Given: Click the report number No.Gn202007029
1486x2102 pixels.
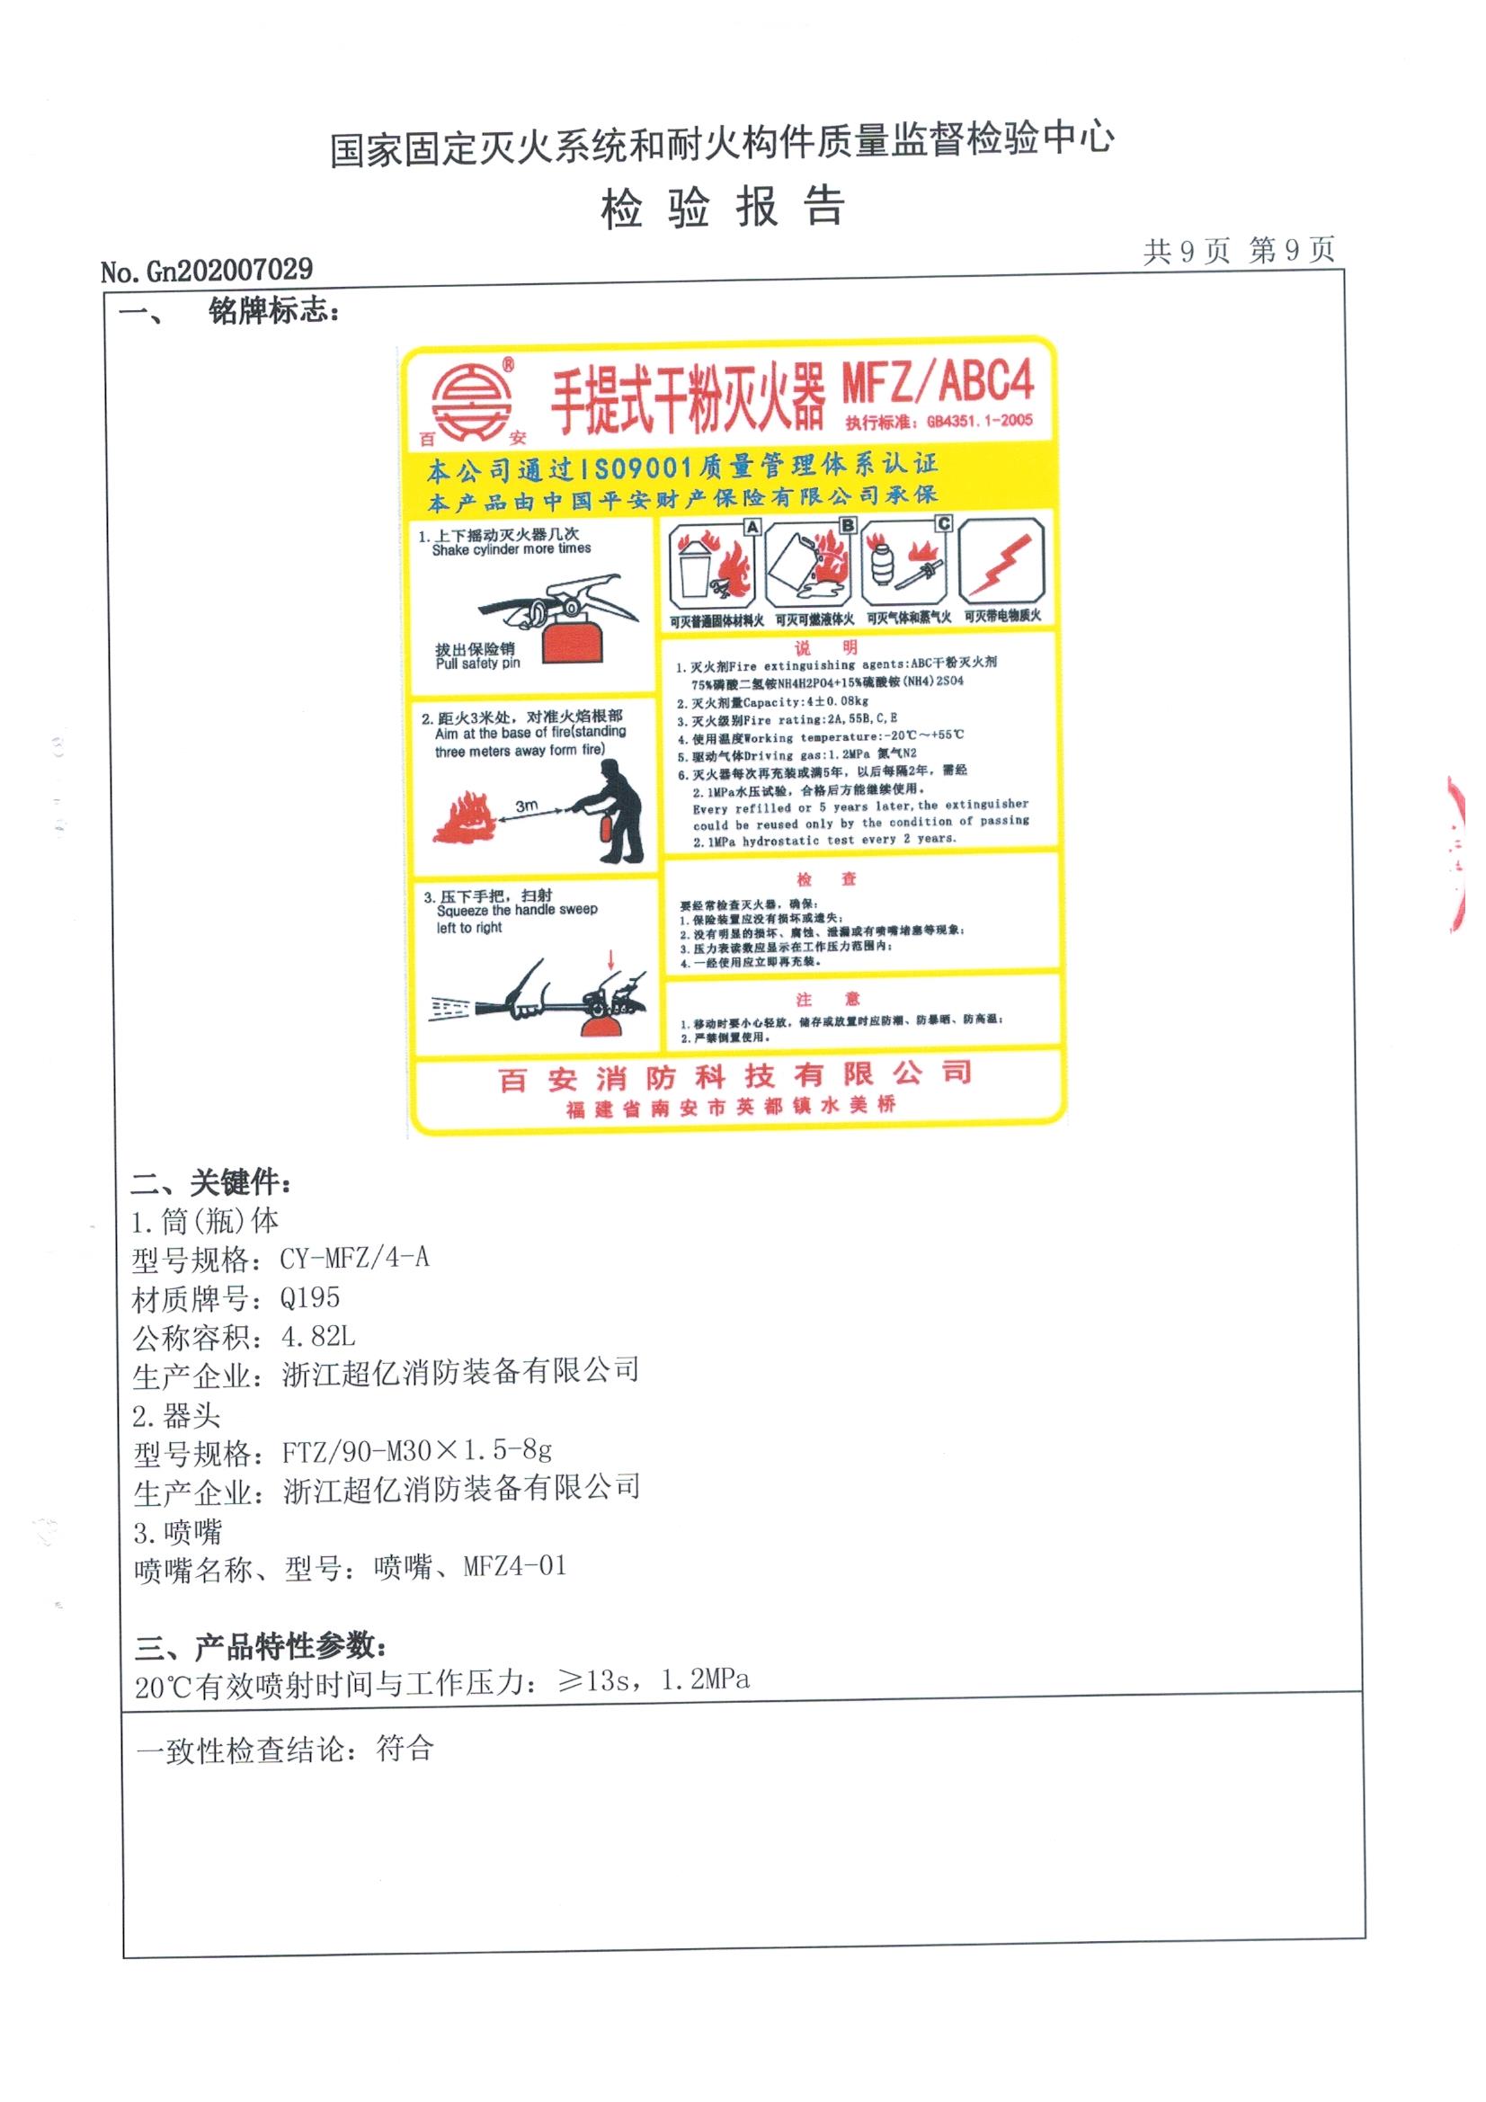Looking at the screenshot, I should [207, 270].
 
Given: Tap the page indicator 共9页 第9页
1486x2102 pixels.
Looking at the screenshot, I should [1238, 251].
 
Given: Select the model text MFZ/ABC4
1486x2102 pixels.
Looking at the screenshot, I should [938, 383].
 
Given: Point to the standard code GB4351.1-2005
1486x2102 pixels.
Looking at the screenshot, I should [979, 421].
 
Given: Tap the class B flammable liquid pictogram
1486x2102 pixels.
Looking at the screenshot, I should [809, 566].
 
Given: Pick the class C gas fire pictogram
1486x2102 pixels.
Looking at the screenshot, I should [906, 564].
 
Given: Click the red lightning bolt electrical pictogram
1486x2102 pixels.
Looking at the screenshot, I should [1002, 561].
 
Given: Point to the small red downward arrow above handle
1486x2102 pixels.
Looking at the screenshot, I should [611, 959].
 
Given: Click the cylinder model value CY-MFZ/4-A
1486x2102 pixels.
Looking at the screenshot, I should [354, 1259].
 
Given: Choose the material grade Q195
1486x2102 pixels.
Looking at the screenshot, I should [310, 1297].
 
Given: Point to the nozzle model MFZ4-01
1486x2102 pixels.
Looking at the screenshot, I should [514, 1567].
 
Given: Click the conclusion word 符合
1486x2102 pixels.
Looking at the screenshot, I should [404, 1750].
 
